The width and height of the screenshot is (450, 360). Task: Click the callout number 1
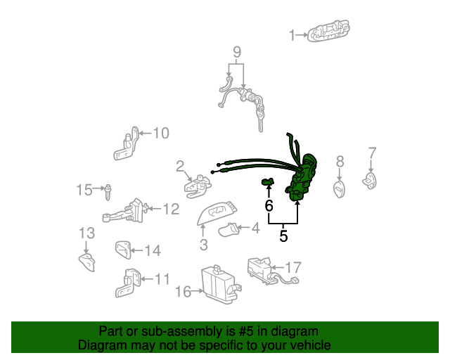click(292, 34)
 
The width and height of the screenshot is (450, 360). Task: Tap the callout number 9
click(236, 51)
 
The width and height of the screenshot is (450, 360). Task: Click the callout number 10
click(161, 132)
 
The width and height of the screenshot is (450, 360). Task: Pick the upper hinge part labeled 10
click(127, 145)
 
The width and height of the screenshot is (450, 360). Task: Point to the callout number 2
click(180, 167)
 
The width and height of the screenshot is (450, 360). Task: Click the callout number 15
click(84, 189)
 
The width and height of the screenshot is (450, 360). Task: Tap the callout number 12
click(171, 209)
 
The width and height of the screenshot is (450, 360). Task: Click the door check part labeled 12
click(128, 211)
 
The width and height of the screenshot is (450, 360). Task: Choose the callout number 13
click(86, 233)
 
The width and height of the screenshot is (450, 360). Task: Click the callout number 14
click(153, 250)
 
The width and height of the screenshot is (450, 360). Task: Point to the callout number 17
click(293, 267)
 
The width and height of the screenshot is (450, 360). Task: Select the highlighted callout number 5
click(283, 236)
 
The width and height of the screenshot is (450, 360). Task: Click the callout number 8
click(340, 162)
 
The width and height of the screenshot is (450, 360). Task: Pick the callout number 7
click(373, 153)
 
